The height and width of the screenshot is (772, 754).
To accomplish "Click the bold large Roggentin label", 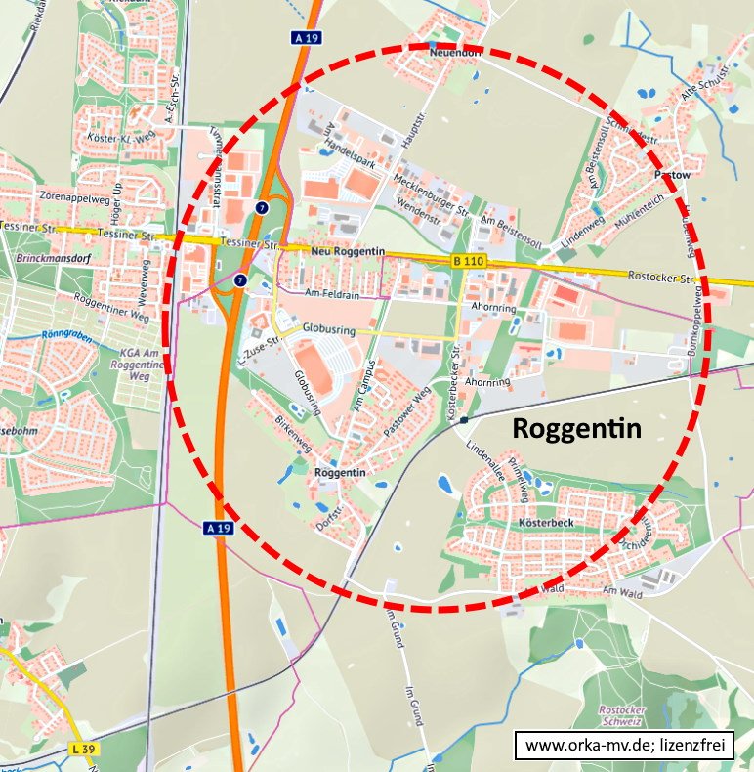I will coord(576,428).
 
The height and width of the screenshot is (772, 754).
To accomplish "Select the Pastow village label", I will coord(672,175).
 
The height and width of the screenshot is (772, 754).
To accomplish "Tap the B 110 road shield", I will coord(470,261).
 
